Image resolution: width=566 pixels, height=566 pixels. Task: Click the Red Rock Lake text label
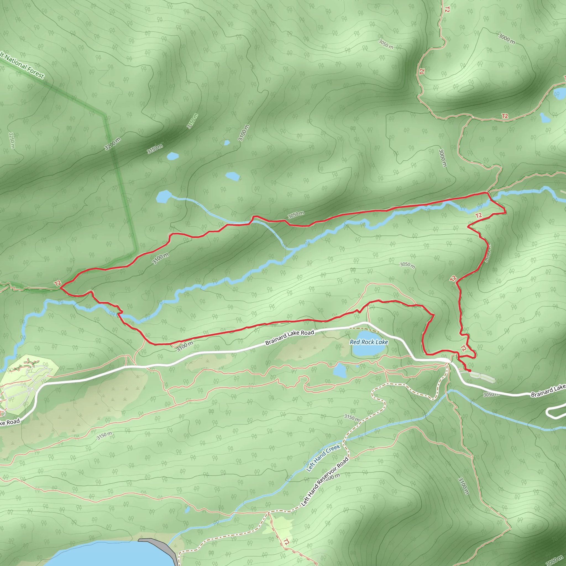(x=369, y=342)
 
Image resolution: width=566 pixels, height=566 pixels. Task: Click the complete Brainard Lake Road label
(x=289, y=337)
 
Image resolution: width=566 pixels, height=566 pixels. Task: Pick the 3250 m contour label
(x=12, y=140)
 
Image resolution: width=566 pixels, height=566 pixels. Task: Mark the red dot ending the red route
(x=470, y=371)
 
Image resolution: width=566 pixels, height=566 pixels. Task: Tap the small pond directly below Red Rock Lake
(x=340, y=370)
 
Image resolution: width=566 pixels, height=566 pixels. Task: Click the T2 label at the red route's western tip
(x=58, y=283)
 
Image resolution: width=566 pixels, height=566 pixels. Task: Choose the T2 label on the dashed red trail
(x=286, y=542)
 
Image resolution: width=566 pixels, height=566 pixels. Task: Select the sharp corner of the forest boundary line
(x=104, y=115)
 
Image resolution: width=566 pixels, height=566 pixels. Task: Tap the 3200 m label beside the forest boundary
(x=112, y=144)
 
